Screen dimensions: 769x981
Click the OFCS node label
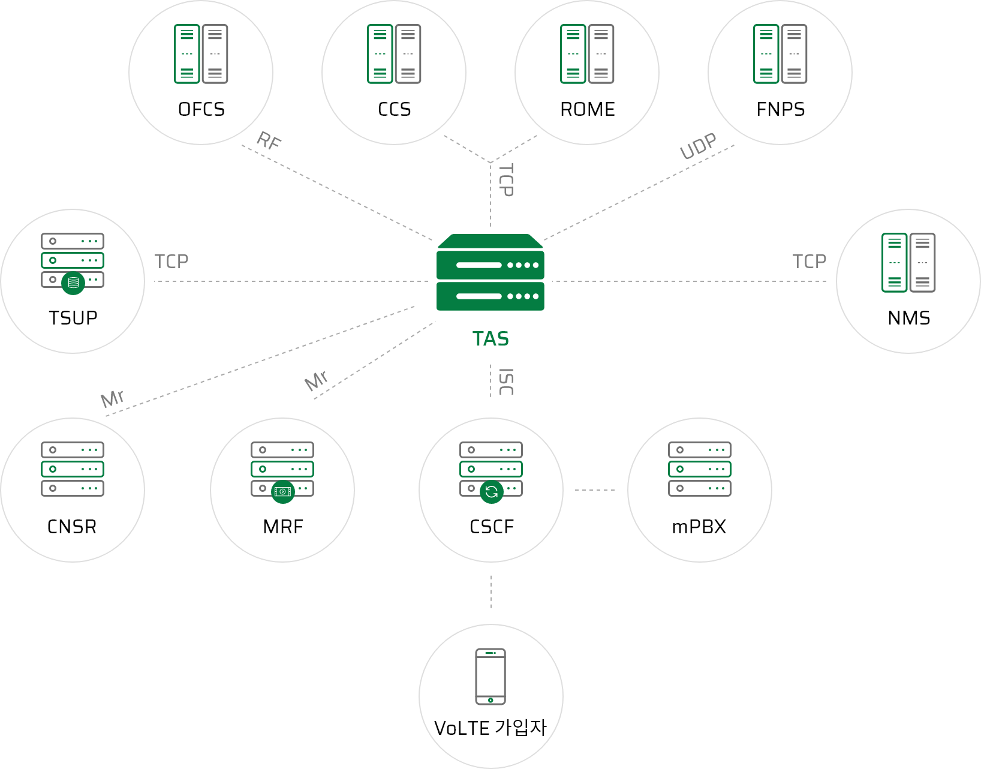201,109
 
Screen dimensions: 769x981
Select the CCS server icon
394,54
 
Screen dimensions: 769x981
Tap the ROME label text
588,109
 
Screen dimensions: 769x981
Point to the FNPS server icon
780,54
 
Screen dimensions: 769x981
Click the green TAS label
490,339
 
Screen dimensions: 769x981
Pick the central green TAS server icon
490,273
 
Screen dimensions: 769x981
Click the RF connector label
269,142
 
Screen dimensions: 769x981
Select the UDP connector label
698,146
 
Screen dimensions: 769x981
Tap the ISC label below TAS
506,382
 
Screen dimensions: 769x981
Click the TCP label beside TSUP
171,262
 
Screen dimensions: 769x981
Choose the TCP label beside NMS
809,262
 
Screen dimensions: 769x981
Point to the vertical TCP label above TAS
506,180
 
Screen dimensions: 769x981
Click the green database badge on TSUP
73,283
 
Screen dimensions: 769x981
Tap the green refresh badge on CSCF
492,492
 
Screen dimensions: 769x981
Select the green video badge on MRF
283,492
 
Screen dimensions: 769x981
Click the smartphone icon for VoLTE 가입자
490,677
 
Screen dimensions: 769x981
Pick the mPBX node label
699,527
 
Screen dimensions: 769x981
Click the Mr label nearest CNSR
113,398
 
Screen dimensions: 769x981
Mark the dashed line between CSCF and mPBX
595,490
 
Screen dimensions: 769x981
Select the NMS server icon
908,263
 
